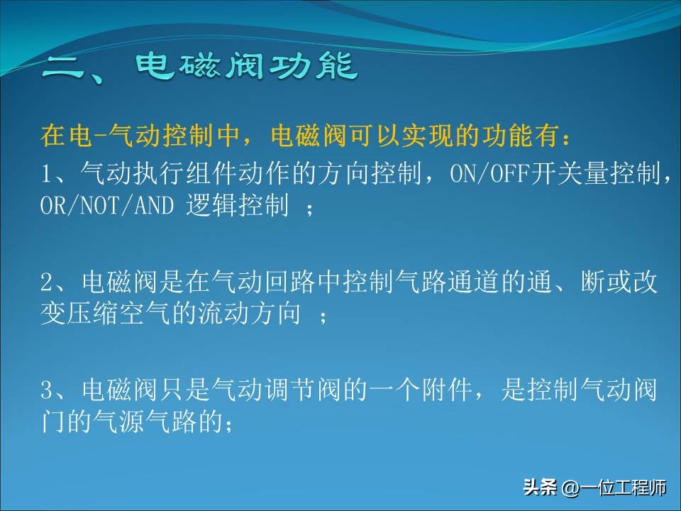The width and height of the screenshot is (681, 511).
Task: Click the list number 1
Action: [x=47, y=173]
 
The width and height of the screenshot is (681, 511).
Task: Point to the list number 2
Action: [x=47, y=282]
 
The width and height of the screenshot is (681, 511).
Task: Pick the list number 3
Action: [x=47, y=391]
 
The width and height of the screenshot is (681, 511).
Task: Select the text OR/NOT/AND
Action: [x=106, y=206]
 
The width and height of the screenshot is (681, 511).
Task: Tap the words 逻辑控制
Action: [x=237, y=206]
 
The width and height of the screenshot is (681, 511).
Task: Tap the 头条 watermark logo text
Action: [x=540, y=488]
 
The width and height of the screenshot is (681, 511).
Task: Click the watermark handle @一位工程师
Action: [x=614, y=488]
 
